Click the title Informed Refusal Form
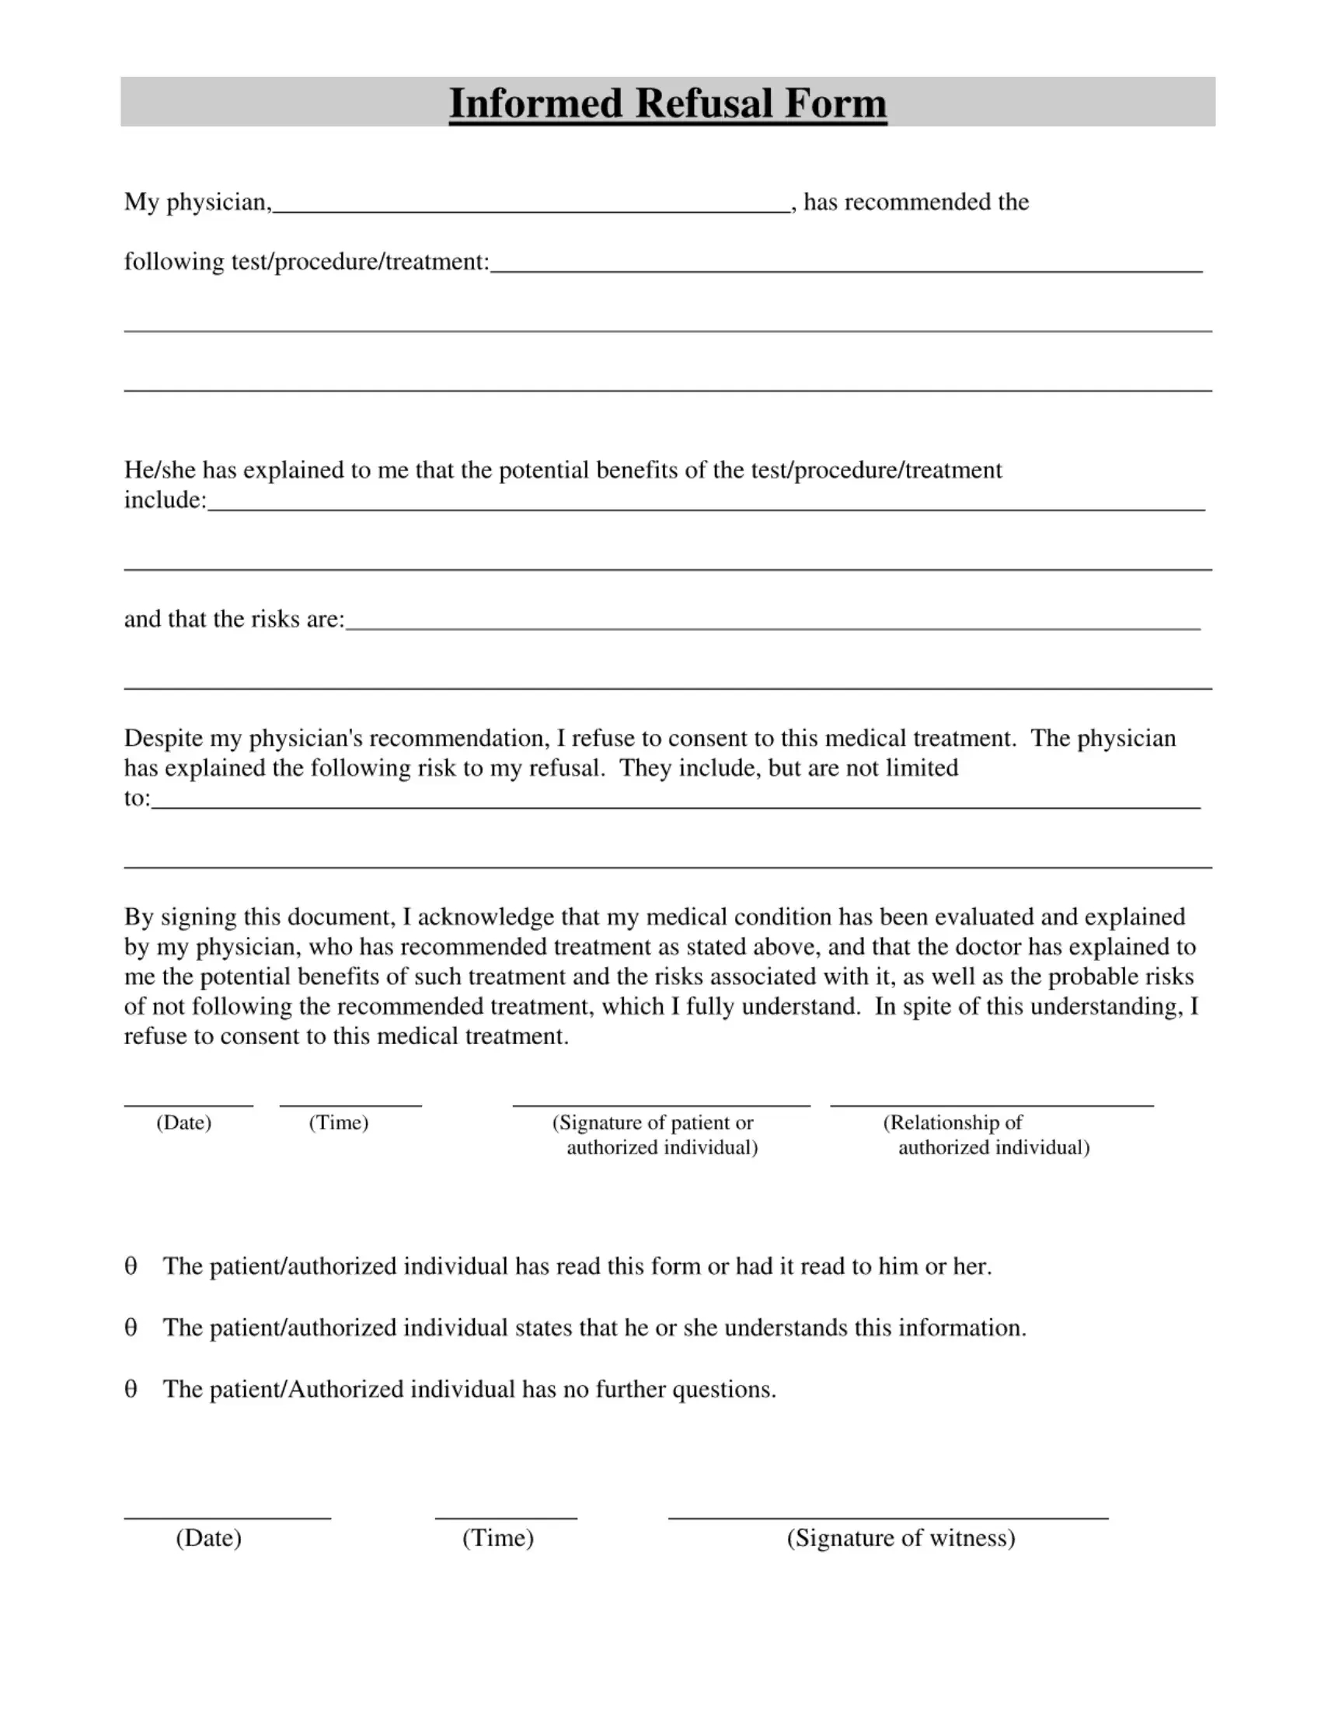coord(667,103)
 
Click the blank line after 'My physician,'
coord(531,205)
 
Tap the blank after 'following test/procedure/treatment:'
coord(845,264)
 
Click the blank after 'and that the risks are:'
coord(772,622)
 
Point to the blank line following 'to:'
coord(674,802)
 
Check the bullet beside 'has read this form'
coord(131,1266)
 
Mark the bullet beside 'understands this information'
coord(131,1327)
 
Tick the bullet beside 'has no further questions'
coord(131,1389)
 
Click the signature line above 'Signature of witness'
coord(888,1512)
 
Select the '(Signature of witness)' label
coord(901,1537)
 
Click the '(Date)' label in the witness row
coord(209,1537)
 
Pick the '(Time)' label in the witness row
coord(498,1537)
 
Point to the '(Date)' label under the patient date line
coord(184,1123)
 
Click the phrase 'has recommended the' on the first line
coord(915,202)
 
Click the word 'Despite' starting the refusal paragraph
coord(163,738)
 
